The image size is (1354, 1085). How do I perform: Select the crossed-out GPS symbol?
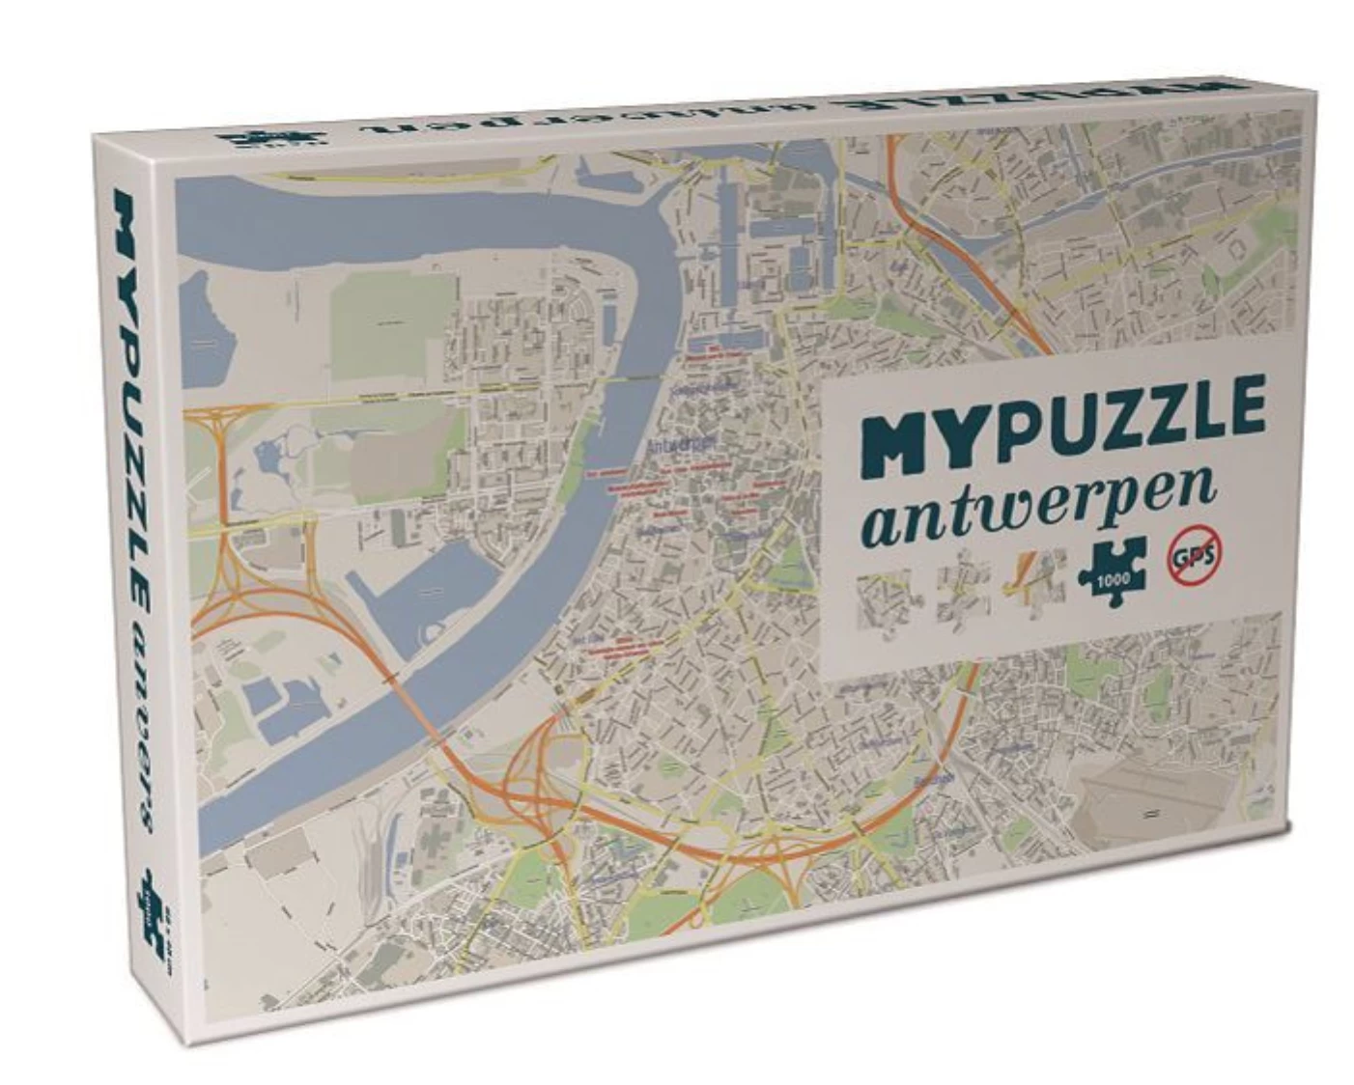point(1194,560)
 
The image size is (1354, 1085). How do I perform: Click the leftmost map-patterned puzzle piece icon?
point(884,600)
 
